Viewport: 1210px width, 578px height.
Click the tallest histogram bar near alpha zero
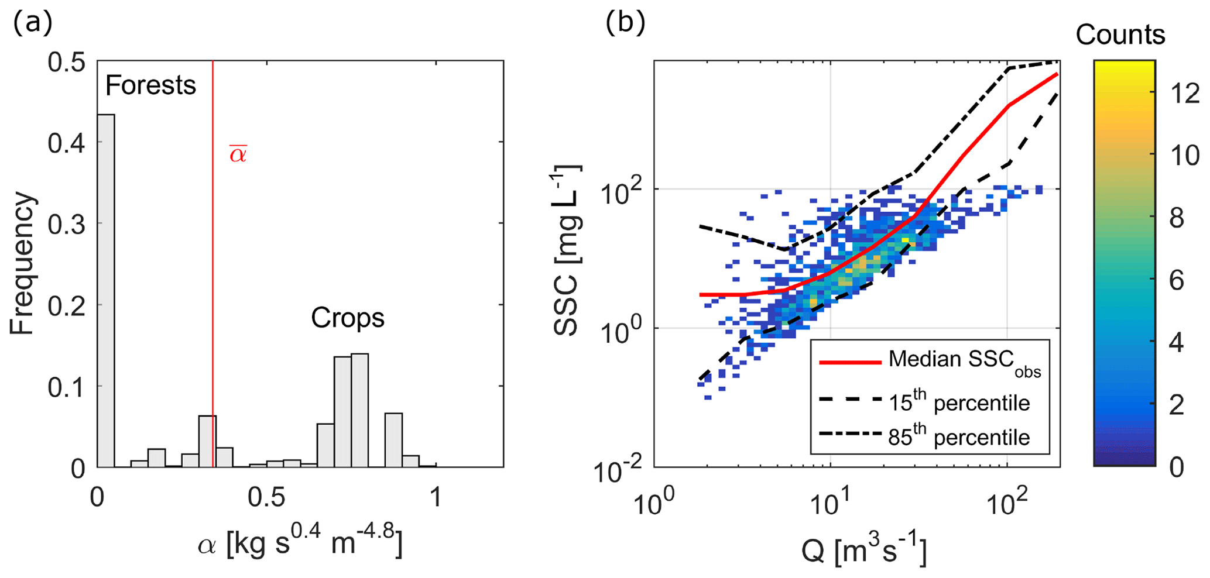[x=106, y=291]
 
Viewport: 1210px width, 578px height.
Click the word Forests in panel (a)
[x=150, y=86]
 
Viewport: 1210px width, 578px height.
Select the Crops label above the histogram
[x=347, y=318]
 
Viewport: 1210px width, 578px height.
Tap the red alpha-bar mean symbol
[x=238, y=154]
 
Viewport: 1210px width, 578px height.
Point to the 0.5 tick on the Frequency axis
[x=67, y=62]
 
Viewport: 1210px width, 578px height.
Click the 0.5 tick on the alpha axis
[x=266, y=497]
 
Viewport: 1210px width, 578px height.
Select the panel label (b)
[x=626, y=23]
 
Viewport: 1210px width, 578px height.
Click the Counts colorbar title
[x=1120, y=35]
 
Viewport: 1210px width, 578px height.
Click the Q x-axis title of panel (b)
[x=863, y=551]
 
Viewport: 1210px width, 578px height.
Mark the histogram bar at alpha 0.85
[x=393, y=440]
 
